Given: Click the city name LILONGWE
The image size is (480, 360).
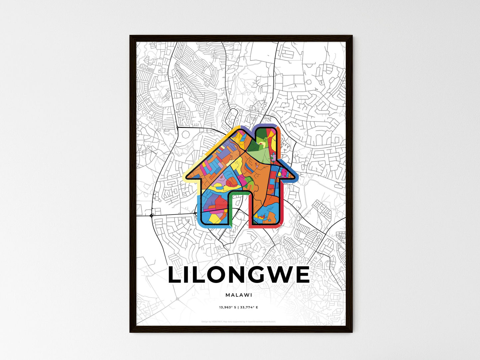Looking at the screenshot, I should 239,275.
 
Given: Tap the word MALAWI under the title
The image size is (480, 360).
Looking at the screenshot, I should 239,295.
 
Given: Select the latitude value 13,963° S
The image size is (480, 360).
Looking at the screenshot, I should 227,308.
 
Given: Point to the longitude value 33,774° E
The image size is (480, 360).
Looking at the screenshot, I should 250,308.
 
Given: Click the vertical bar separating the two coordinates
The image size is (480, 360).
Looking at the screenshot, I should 239,308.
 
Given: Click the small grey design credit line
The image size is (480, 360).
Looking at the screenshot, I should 239,321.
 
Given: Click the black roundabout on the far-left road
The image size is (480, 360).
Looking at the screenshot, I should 151,216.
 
